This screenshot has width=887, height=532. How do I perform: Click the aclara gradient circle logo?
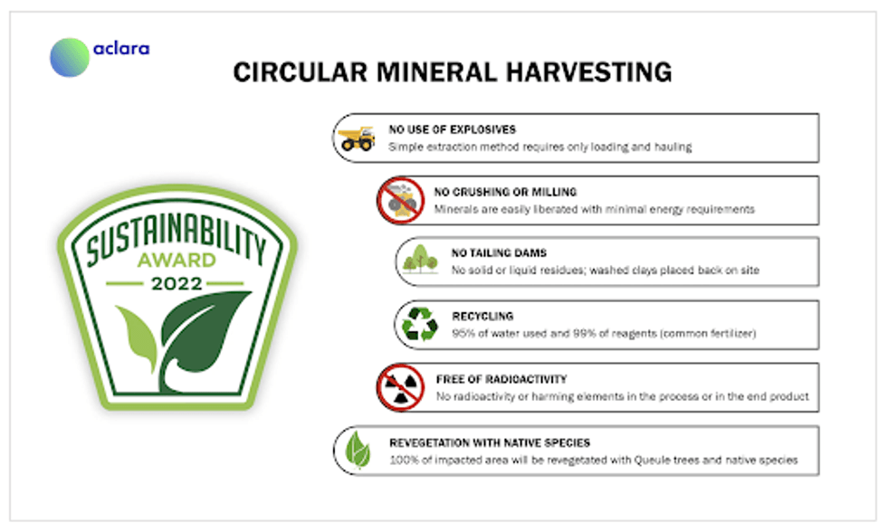pyautogui.click(x=70, y=57)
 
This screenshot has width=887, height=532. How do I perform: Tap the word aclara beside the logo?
pyautogui.click(x=121, y=49)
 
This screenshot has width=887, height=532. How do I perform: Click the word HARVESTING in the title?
pyautogui.click(x=589, y=72)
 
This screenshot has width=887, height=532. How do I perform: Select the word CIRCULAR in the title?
pyautogui.click(x=300, y=72)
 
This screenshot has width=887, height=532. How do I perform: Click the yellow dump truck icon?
pyautogui.click(x=357, y=138)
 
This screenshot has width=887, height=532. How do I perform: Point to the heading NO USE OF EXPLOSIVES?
pyautogui.click(x=452, y=129)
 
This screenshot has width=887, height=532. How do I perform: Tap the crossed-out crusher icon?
pyautogui.click(x=401, y=200)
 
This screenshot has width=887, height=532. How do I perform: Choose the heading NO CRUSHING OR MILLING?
pyautogui.click(x=505, y=192)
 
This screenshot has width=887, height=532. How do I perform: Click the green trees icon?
pyautogui.click(x=420, y=260)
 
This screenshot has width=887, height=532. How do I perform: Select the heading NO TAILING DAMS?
pyautogui.click(x=499, y=252)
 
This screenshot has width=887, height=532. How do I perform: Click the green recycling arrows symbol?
pyautogui.click(x=420, y=324)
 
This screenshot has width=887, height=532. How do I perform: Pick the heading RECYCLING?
pyautogui.click(x=482, y=316)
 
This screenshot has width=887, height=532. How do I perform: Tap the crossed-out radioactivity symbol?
pyautogui.click(x=401, y=387)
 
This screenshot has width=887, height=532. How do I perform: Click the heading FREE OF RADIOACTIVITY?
pyautogui.click(x=501, y=379)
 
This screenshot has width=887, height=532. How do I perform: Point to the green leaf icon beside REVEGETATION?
pyautogui.click(x=358, y=450)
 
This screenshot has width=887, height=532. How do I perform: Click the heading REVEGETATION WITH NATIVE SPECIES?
pyautogui.click(x=490, y=442)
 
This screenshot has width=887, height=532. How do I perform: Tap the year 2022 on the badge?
pyautogui.click(x=176, y=283)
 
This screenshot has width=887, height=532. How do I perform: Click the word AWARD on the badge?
pyautogui.click(x=176, y=260)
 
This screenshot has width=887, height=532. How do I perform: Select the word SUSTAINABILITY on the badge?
pyautogui.click(x=176, y=237)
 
